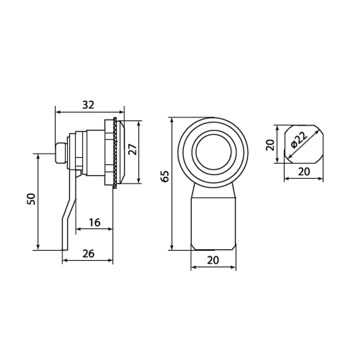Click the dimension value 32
(89, 105)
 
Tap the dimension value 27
(133, 149)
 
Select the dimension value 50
(31, 199)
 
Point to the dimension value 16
(95, 222)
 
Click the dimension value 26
(89, 254)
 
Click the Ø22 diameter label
(298, 140)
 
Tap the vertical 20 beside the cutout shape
(270, 145)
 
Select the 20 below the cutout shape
(304, 171)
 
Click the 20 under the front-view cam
(213, 260)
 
